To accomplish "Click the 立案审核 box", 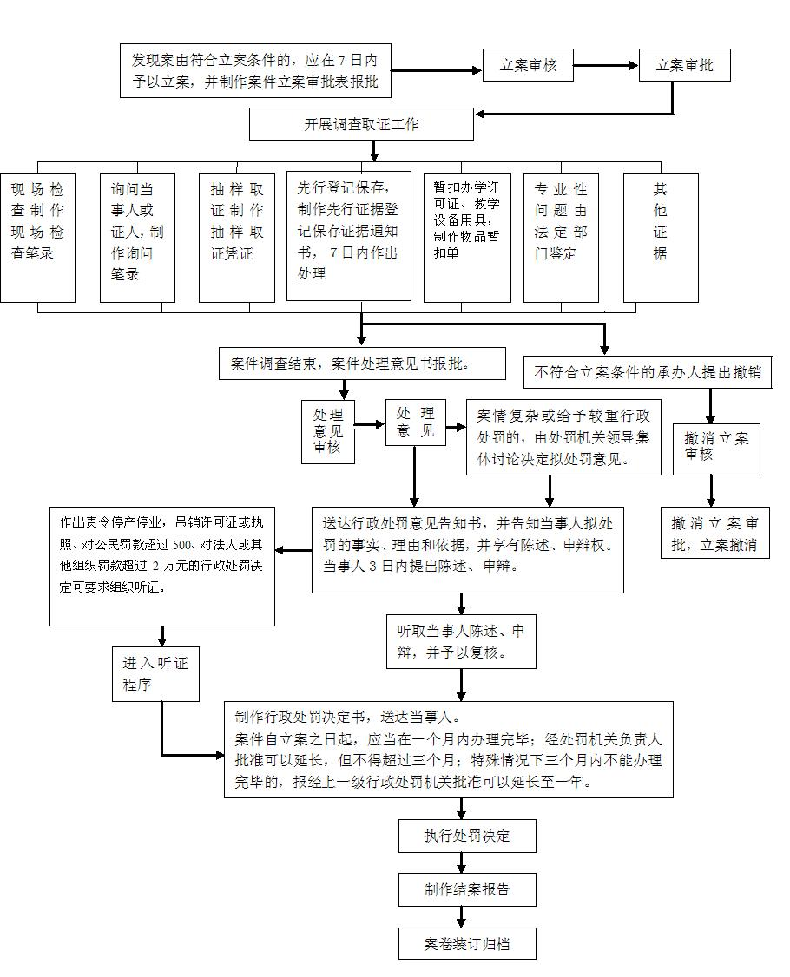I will (528, 65).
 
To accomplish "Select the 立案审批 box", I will (684, 65).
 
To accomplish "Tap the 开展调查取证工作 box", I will (361, 124).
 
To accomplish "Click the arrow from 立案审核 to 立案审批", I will (606, 65).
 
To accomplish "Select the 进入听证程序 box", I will (155, 673).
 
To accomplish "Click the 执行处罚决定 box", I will (467, 836).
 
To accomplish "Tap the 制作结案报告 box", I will (467, 889).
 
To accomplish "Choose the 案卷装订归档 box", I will (467, 943).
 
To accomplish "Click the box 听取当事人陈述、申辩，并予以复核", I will (461, 642).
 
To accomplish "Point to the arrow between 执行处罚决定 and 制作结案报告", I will (462, 862).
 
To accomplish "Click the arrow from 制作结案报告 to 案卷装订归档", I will (462, 916).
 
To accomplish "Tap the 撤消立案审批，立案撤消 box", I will (715, 533).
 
